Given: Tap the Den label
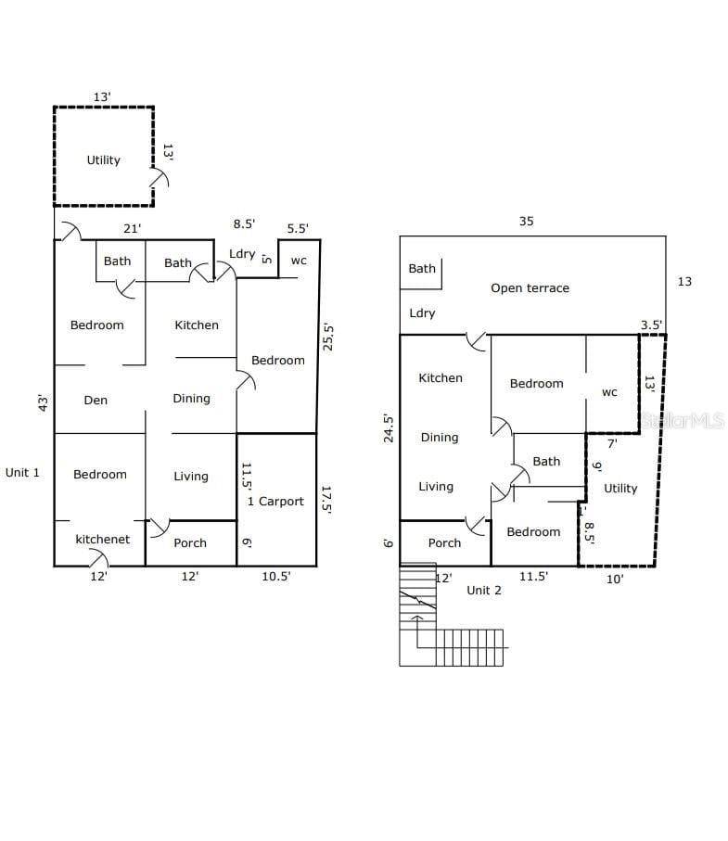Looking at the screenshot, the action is (96, 401).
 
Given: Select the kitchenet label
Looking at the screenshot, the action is (102, 539).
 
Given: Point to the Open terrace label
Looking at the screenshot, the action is (530, 288).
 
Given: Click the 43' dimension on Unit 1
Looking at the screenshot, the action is (43, 402).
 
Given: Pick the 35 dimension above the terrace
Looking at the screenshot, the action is (526, 221).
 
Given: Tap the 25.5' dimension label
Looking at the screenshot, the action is (327, 337).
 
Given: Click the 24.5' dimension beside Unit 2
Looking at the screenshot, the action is (389, 428).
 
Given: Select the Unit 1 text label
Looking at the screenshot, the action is (22, 473).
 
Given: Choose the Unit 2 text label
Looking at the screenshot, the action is (484, 591).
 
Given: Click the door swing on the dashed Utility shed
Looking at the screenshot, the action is (160, 177).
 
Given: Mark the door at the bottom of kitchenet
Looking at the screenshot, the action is (98, 558).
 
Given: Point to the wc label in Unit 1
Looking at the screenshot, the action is (299, 261).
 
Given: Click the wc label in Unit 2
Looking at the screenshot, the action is (609, 392).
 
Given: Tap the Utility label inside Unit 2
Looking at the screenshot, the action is (620, 488).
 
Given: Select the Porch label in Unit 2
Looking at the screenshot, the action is (444, 542).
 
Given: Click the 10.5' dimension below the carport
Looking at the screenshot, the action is (275, 576).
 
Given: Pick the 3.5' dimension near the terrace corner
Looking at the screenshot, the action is (651, 325).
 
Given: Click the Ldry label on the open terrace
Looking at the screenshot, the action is (422, 313).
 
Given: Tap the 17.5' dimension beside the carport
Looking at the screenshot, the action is (326, 500).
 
